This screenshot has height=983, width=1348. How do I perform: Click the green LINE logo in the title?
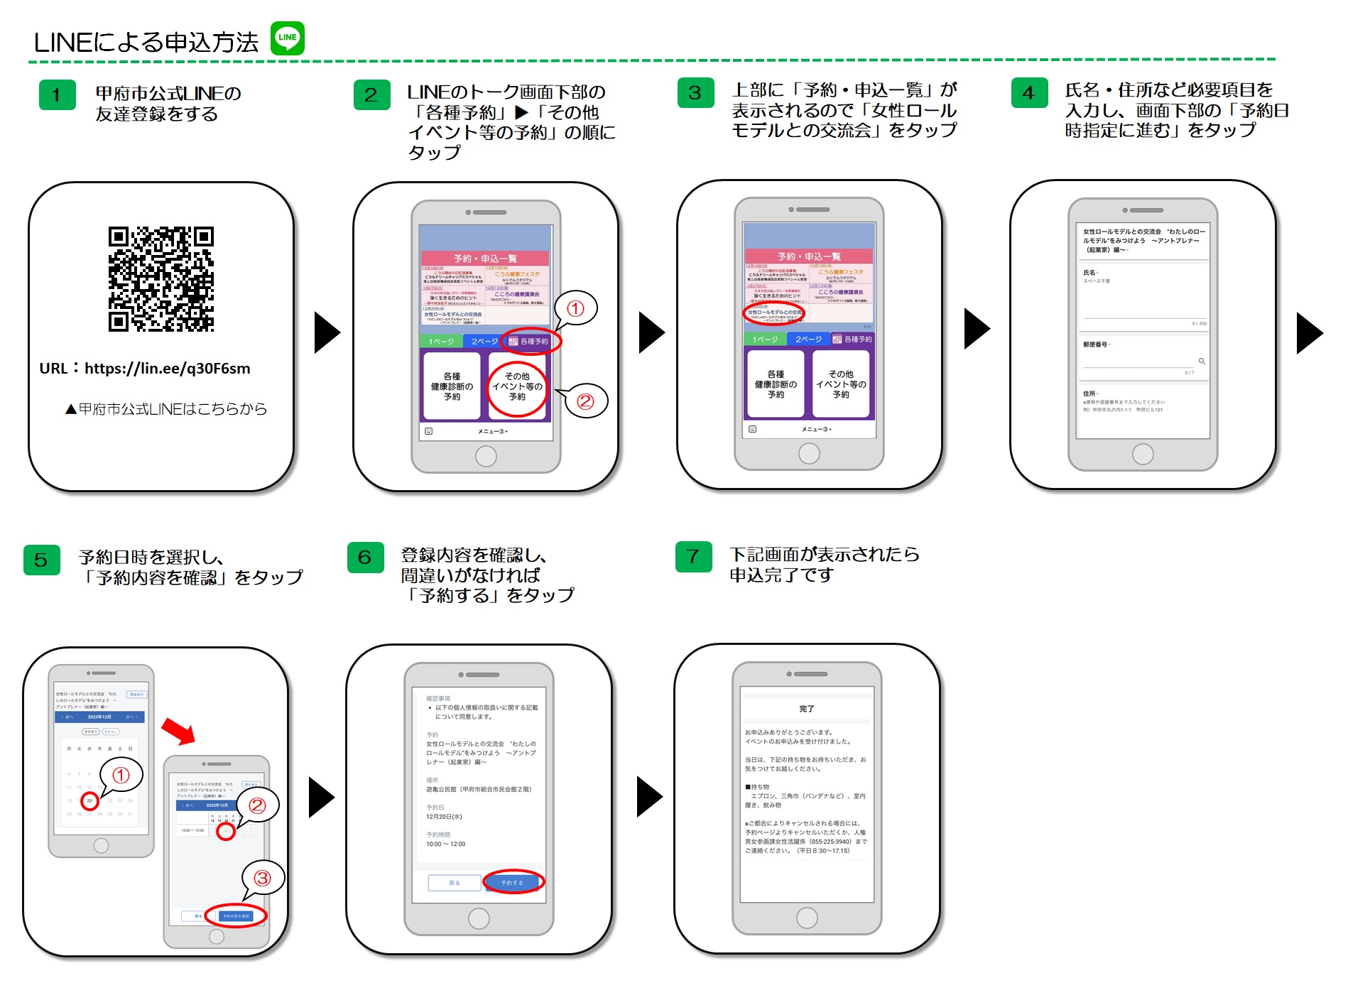(288, 38)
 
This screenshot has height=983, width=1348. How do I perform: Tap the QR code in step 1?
(161, 279)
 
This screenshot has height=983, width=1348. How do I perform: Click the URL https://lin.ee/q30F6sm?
(167, 369)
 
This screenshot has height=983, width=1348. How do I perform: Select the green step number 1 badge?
(57, 95)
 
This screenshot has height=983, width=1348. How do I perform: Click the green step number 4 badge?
(1029, 93)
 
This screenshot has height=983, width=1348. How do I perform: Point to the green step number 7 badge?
(693, 557)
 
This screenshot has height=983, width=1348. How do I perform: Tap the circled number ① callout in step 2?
(575, 308)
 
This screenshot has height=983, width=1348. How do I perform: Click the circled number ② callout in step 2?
(585, 401)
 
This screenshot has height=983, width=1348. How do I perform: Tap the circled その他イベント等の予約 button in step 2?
(517, 386)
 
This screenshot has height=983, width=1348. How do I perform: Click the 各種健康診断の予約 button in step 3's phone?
(776, 384)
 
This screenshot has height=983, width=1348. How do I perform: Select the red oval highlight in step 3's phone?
(773, 313)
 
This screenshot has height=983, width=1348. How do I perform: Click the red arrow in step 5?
(178, 731)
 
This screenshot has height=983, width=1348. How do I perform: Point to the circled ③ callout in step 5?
(263, 878)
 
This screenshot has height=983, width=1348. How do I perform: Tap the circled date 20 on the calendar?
(89, 800)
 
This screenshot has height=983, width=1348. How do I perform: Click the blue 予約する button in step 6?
(512, 882)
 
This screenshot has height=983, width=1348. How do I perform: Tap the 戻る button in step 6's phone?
(455, 882)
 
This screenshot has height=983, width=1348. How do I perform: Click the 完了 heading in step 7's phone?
(807, 709)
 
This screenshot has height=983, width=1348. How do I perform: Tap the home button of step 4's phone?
(1143, 454)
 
